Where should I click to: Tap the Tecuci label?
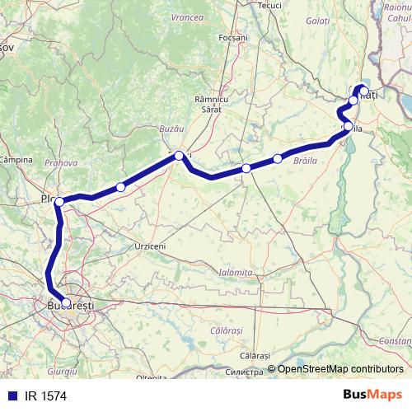(270, 4)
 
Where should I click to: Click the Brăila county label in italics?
(306, 164)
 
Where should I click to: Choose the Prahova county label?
(60, 163)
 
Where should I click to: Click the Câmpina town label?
(15, 158)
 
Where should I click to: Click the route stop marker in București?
(66, 302)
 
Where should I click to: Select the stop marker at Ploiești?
(59, 201)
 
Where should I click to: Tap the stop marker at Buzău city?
(179, 155)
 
